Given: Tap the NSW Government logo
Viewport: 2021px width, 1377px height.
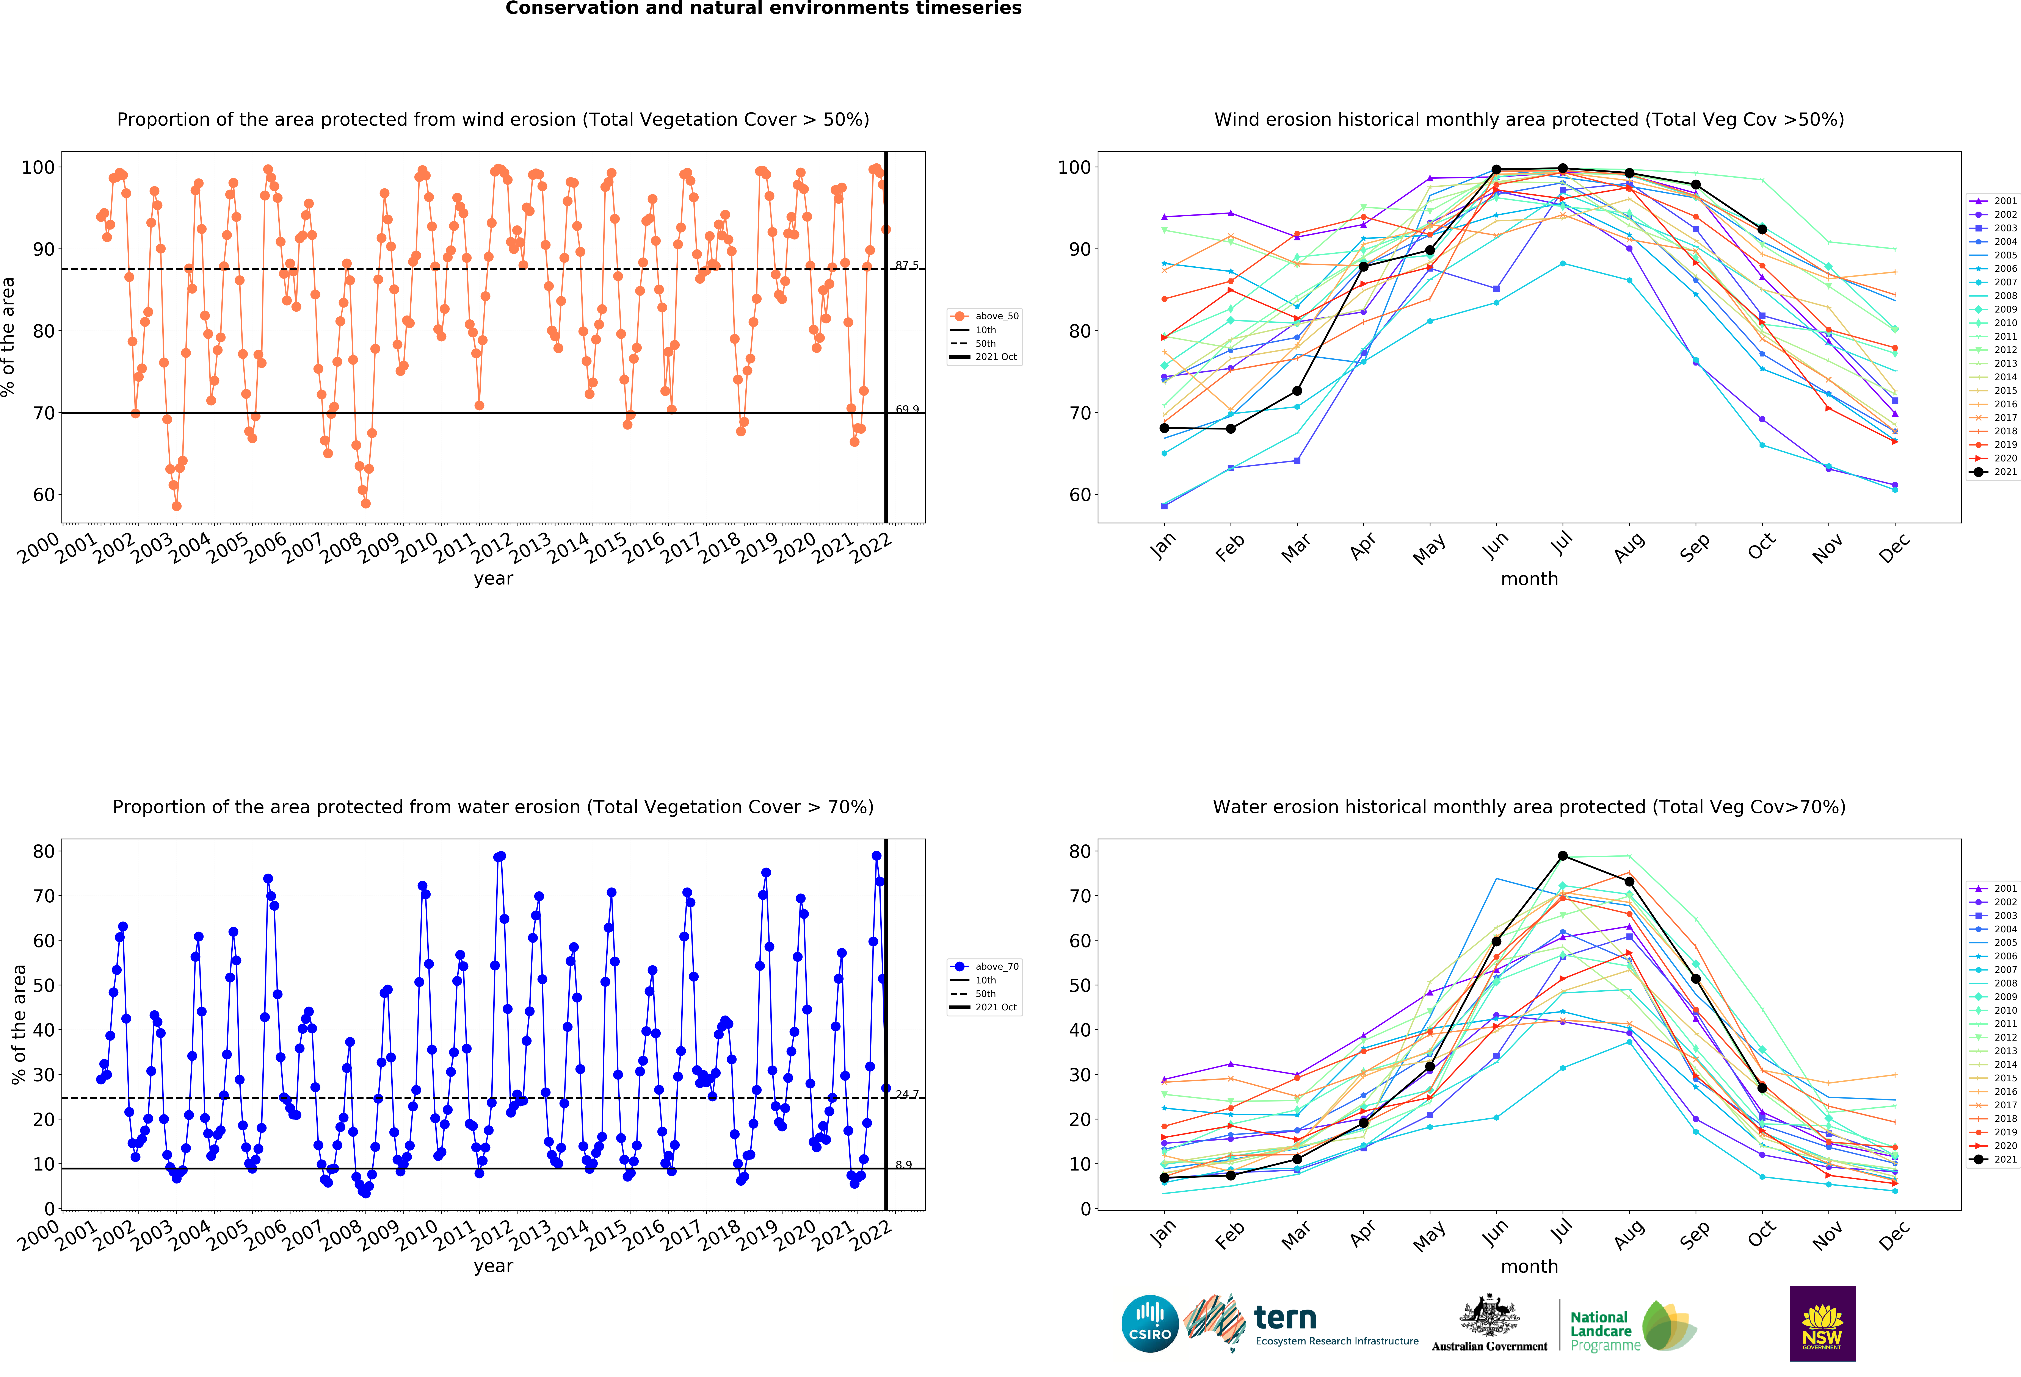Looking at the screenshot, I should click(x=1822, y=1323).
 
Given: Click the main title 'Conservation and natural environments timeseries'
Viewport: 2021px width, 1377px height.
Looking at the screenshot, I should click(x=764, y=9).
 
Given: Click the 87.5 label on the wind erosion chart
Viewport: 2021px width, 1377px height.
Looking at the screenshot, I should click(x=906, y=265).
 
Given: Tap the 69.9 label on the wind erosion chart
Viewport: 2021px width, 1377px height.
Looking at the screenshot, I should click(x=906, y=410).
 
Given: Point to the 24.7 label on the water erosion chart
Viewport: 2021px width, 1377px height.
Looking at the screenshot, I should click(x=906, y=1094).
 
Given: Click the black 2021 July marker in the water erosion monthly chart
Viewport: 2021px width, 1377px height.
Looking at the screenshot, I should click(x=1563, y=856).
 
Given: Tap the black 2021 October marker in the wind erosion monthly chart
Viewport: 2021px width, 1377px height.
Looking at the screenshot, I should click(x=1762, y=230).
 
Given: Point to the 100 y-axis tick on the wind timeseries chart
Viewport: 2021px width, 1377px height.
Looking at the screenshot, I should click(x=37, y=167).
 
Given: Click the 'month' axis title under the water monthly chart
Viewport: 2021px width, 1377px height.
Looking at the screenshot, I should click(x=1529, y=1267).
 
